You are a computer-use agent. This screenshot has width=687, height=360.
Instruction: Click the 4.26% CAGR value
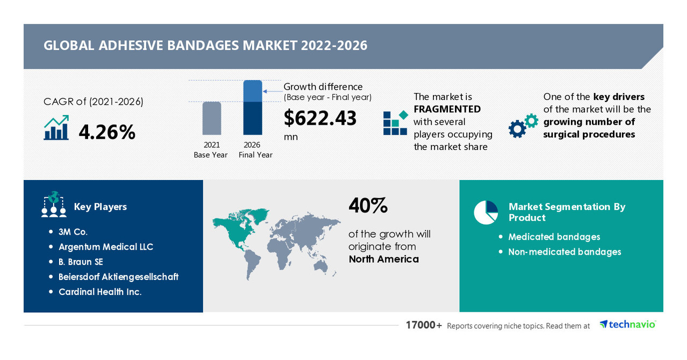[107, 132]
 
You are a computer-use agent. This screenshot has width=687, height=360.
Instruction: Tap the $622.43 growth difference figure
[320, 118]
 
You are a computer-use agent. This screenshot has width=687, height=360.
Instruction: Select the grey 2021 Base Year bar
[212, 118]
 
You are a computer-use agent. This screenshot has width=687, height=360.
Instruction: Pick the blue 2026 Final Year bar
[252, 107]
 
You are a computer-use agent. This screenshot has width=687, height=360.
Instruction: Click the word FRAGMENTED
[447, 109]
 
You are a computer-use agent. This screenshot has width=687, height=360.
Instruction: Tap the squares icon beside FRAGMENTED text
[395, 123]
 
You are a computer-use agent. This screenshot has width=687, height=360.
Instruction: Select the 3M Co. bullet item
[73, 232]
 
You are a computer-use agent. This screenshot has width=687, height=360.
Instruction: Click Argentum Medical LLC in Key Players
[106, 247]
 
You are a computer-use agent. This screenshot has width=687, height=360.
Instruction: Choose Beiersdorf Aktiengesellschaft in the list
[118, 277]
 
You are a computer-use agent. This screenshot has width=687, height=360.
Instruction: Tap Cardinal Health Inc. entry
[100, 292]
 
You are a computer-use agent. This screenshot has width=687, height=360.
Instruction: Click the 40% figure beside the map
[368, 206]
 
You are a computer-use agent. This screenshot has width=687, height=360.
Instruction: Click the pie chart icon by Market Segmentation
[486, 212]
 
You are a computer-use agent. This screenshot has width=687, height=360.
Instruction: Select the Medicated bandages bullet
[554, 237]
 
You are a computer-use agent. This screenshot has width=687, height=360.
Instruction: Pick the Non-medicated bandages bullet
[565, 252]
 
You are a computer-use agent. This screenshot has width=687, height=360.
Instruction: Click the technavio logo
[628, 325]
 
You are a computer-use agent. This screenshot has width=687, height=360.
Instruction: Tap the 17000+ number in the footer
[424, 325]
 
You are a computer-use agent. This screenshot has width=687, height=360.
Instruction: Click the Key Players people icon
[54, 205]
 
